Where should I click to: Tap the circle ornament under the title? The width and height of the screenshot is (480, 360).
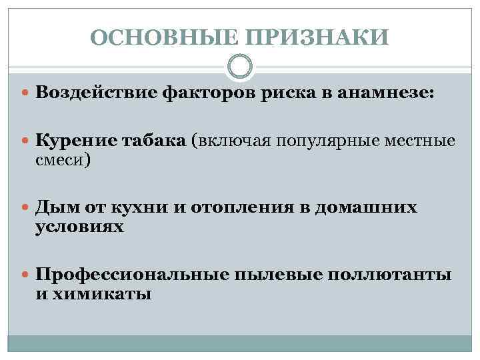pyautogui.click(x=240, y=67)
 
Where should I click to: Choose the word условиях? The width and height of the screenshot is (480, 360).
pyautogui.click(x=79, y=227)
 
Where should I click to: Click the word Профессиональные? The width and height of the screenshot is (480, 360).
pyautogui.click(x=132, y=274)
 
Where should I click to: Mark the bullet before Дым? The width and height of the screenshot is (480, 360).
pyautogui.click(x=26, y=208)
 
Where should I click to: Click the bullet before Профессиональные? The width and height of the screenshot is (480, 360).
pyautogui.click(x=26, y=275)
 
